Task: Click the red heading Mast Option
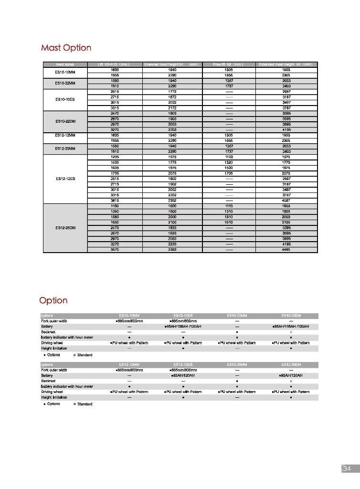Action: click(66, 48)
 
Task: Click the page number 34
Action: click(347, 469)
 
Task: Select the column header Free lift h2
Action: click(228, 64)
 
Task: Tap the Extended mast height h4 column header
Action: click(286, 64)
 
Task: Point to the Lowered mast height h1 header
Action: click(171, 64)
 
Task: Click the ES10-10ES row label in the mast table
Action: click(65, 99)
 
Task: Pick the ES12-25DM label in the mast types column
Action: click(65, 228)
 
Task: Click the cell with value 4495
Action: click(286, 249)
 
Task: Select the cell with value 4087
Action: click(286, 201)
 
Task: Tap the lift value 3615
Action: click(115, 201)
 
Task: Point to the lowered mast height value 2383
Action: click(172, 249)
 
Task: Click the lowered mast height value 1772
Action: click(172, 91)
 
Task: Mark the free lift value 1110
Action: click(229, 206)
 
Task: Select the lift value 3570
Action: click(115, 249)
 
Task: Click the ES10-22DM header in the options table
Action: click(291, 316)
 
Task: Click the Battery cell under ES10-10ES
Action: click(183, 327)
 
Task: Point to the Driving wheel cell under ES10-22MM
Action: click(237, 343)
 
